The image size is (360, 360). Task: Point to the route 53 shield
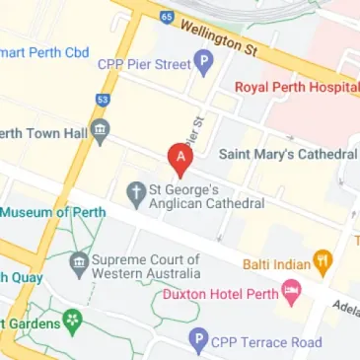point(103,99)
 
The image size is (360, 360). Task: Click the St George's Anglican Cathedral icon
point(137,193)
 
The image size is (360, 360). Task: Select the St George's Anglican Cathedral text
point(206,195)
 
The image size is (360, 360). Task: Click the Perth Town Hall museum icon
point(100,131)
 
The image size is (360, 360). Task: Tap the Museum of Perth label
point(44,212)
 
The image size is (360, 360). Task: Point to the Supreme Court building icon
point(79,264)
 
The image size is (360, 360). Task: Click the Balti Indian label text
point(276,263)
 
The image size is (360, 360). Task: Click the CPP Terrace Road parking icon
point(198,342)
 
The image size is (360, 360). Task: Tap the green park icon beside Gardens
point(71,322)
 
